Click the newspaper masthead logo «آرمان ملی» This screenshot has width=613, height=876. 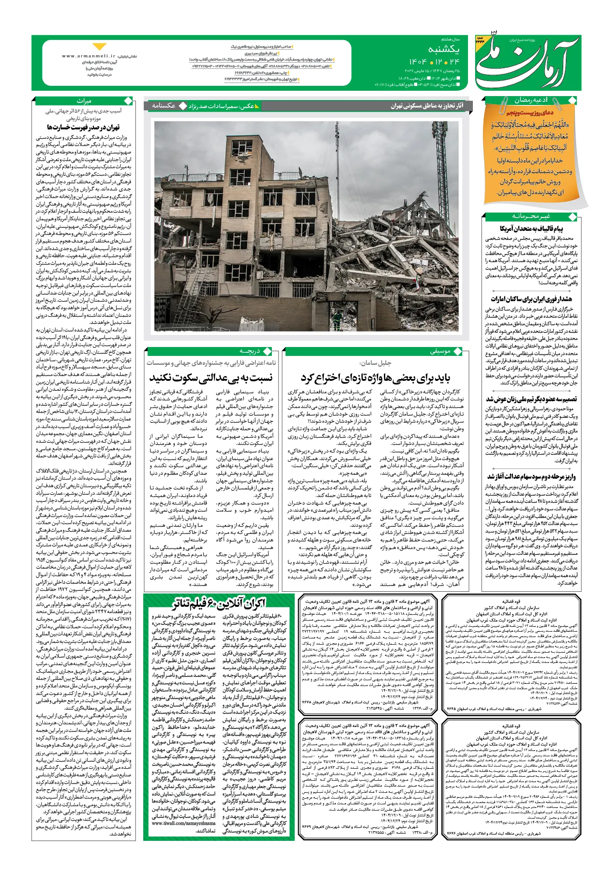[x=528, y=62]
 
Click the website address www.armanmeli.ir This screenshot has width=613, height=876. [x=89, y=57]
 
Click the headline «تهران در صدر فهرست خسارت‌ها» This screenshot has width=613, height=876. [x=84, y=128]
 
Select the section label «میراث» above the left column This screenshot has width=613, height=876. [x=84, y=101]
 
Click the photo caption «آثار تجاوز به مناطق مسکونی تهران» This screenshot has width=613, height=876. [x=427, y=106]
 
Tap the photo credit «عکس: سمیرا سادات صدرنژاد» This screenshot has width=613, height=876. [x=222, y=106]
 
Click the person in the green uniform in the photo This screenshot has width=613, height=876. [x=338, y=319]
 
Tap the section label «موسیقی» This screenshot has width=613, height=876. [x=440, y=351]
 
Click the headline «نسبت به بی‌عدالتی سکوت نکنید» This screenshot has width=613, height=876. [x=211, y=378]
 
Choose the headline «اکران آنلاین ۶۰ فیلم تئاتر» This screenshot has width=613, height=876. [x=219, y=604]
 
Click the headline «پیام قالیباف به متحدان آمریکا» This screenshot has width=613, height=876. [x=531, y=229]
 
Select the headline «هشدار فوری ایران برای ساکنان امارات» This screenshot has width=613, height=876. [x=531, y=299]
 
